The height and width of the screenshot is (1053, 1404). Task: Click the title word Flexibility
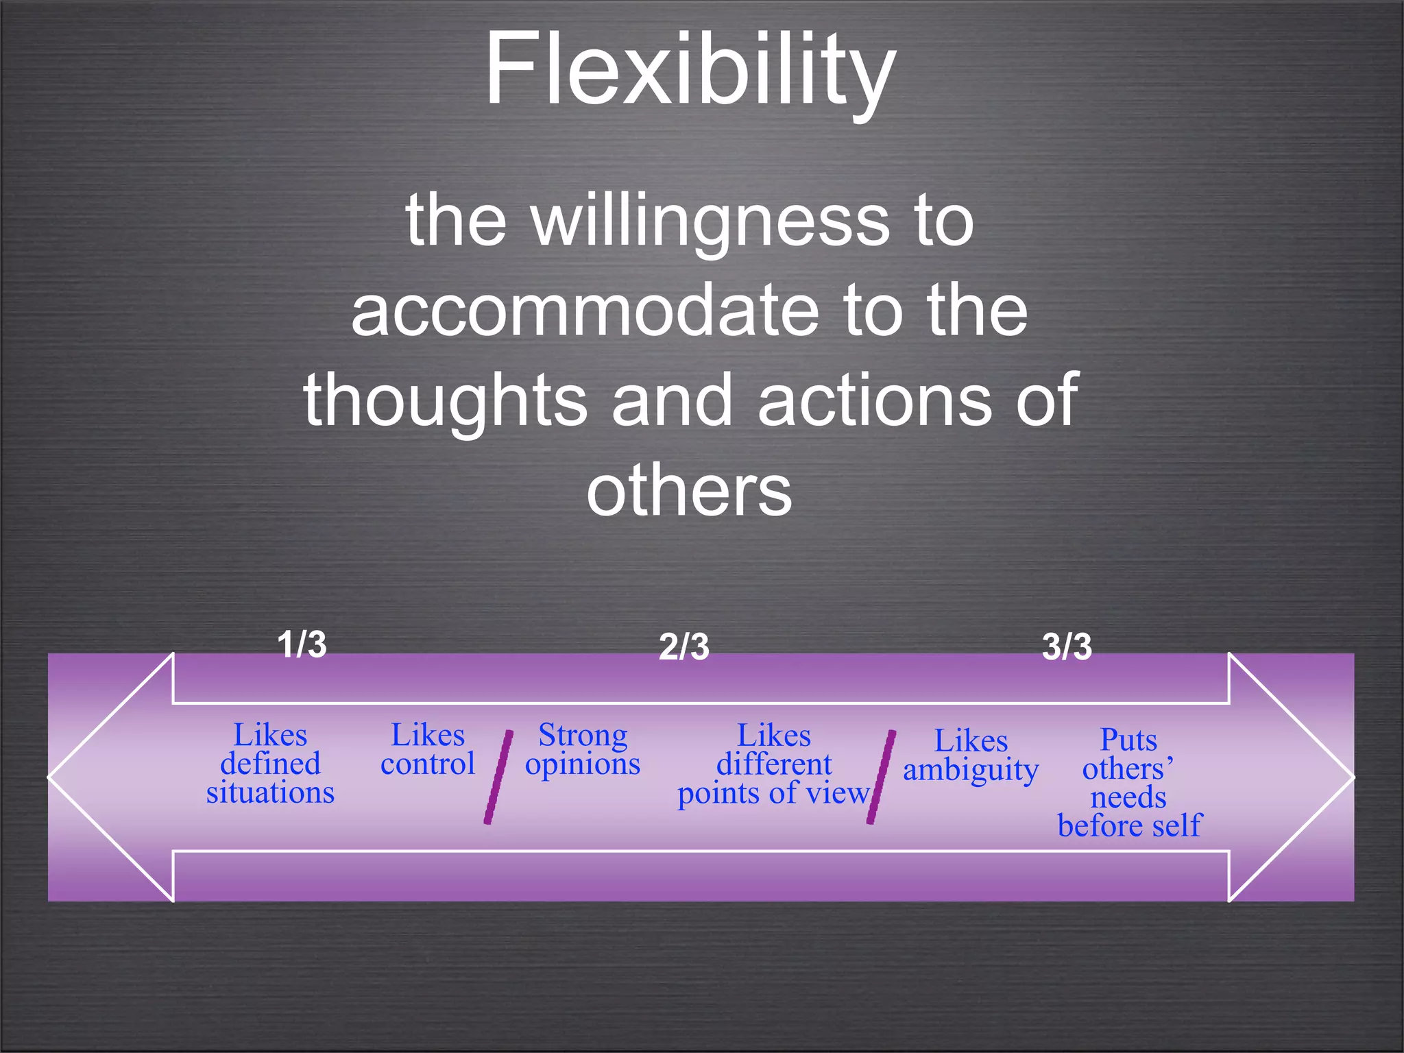(690, 70)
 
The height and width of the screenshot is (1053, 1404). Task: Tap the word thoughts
(446, 400)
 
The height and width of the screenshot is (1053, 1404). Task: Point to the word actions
(874, 400)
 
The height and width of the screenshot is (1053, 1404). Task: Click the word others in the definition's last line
(689, 490)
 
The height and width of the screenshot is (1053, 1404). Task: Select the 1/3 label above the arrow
(302, 644)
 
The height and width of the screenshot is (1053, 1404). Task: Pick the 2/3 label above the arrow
(683, 646)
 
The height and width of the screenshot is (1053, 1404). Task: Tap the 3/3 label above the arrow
(1067, 646)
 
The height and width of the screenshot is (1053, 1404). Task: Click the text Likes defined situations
(270, 764)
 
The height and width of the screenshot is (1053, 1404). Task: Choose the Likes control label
(427, 750)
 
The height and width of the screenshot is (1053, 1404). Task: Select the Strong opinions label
(583, 750)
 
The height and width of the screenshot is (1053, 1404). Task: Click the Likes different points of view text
(773, 764)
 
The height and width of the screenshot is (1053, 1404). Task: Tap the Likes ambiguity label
(971, 755)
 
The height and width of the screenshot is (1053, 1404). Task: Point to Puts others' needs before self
(1128, 783)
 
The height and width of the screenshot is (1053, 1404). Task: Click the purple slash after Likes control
(498, 777)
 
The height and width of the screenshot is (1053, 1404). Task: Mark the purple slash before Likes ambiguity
(881, 777)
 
